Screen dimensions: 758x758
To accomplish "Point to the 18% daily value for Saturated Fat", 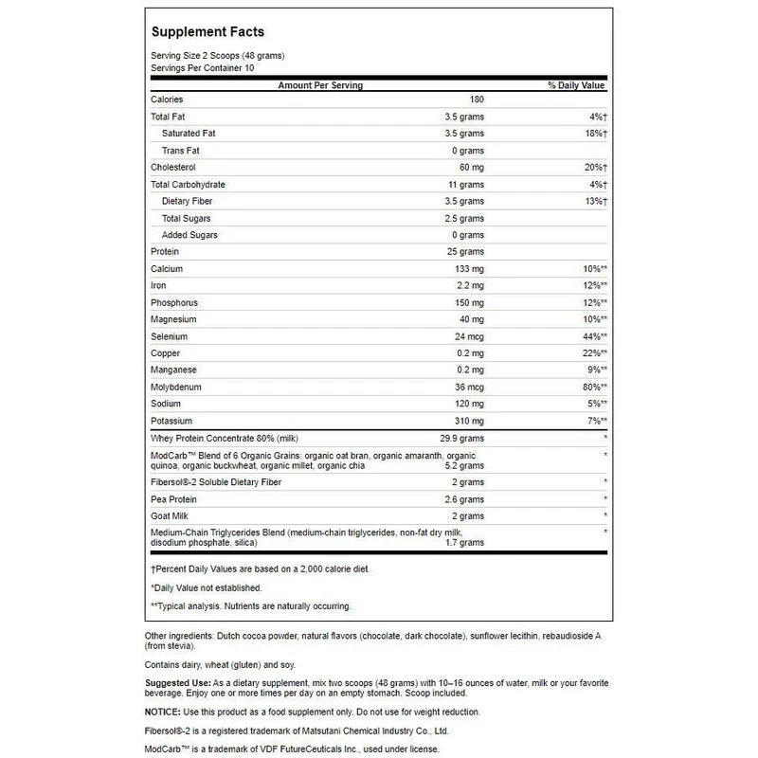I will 593,134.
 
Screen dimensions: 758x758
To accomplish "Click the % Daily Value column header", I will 576,86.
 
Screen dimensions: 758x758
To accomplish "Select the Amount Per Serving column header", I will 319,86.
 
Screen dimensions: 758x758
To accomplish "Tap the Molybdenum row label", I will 177,388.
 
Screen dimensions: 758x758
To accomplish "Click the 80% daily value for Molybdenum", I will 592,388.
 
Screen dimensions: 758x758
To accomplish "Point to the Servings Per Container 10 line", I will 203,68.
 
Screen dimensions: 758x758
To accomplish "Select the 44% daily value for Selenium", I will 592,336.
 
